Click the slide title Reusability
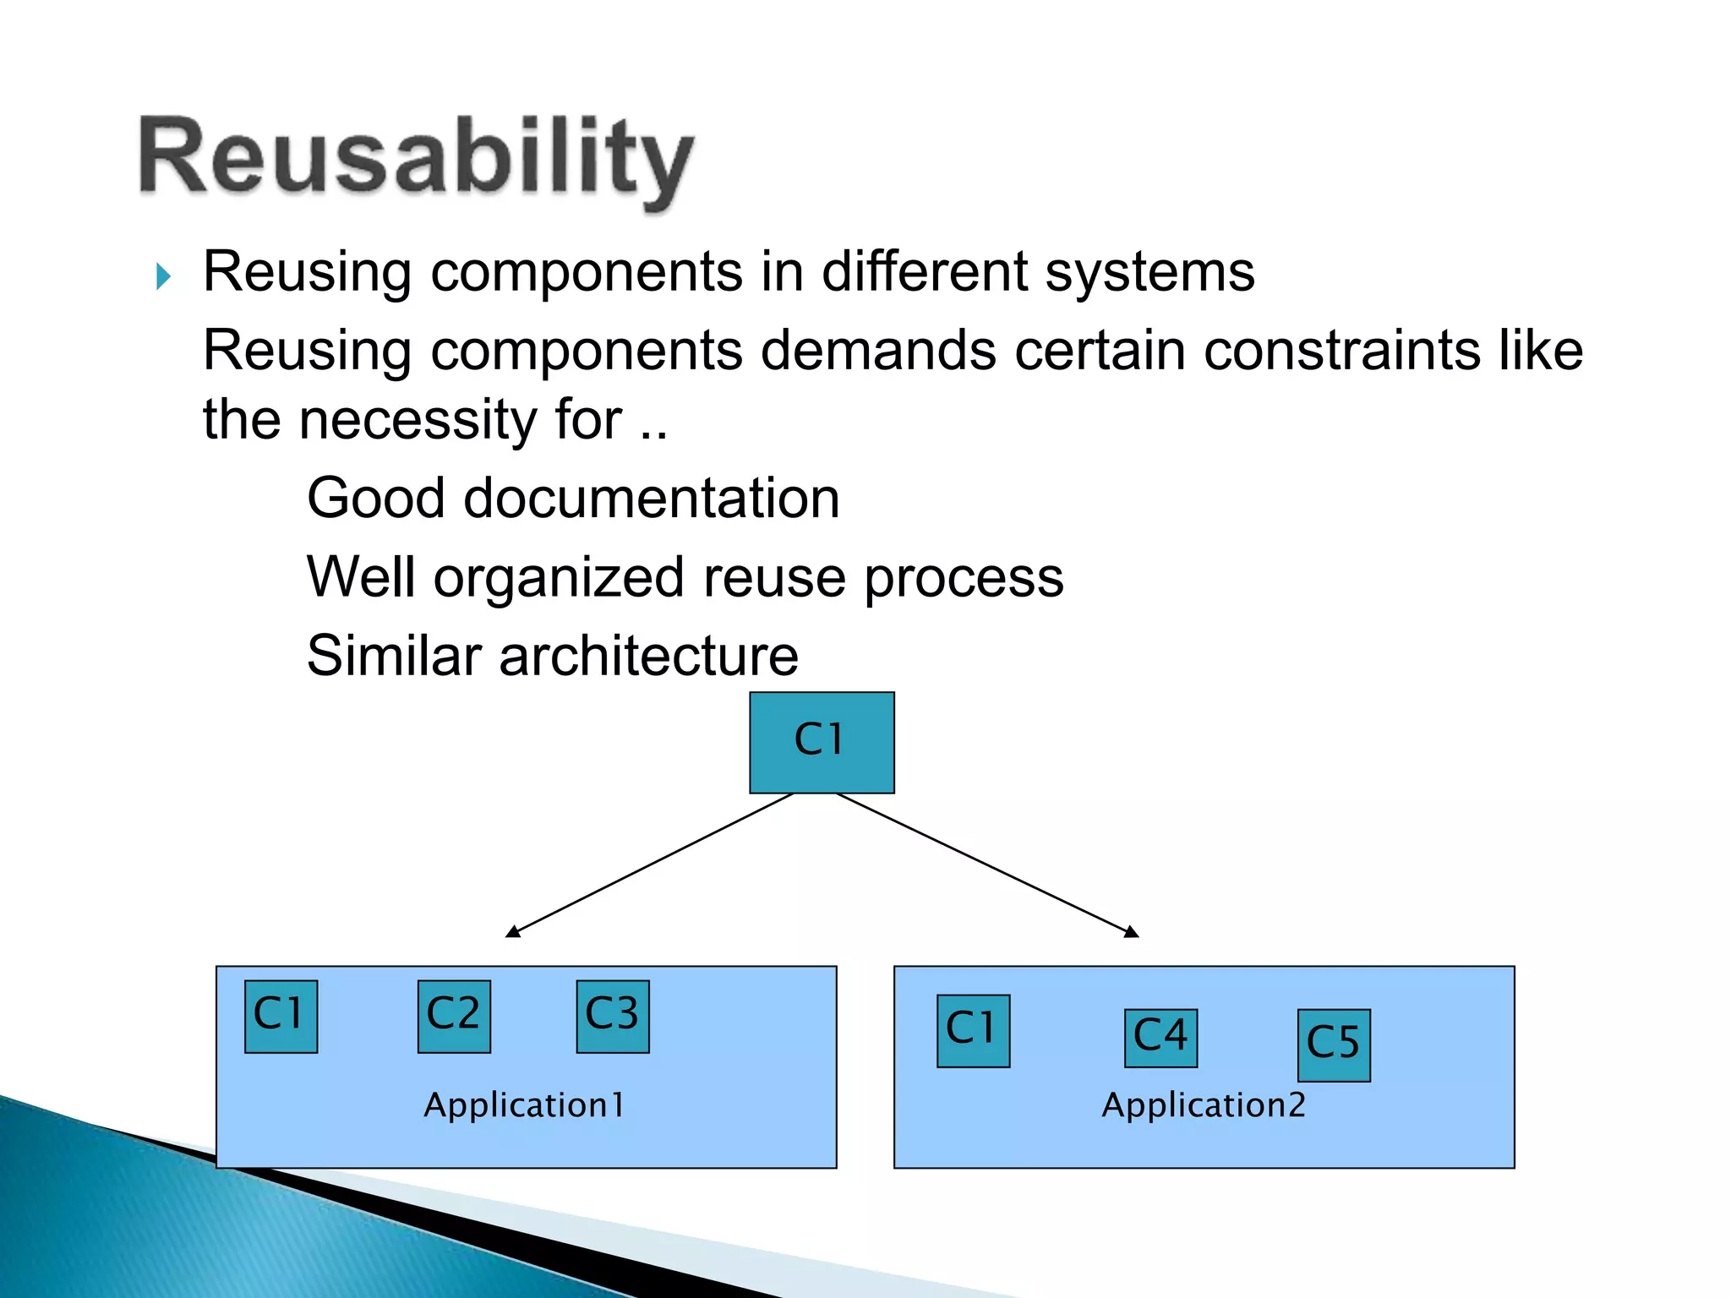click(416, 159)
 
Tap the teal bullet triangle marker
click(164, 276)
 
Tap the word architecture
click(648, 656)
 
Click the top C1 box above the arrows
click(822, 742)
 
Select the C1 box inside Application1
click(281, 1016)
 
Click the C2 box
click(454, 1016)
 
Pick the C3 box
click(613, 1016)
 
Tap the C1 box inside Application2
click(973, 1030)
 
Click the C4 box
click(1160, 1037)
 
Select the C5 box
click(1334, 1044)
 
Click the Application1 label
click(524, 1105)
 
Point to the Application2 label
click(1204, 1105)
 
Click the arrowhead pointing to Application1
click(511, 933)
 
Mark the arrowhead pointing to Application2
click(1133, 933)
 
